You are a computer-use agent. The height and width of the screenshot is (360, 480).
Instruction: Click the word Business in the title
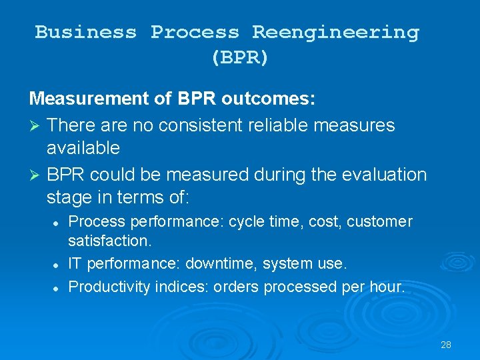[x=86, y=32]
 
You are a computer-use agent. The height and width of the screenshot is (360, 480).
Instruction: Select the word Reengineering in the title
[x=335, y=32]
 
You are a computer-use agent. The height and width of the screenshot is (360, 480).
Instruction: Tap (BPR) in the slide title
[x=240, y=58]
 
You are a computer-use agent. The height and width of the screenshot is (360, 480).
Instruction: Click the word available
[x=83, y=147]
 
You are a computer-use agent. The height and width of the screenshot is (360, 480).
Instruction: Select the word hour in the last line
[x=388, y=287]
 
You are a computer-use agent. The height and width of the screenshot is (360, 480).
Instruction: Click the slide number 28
[x=446, y=345]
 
